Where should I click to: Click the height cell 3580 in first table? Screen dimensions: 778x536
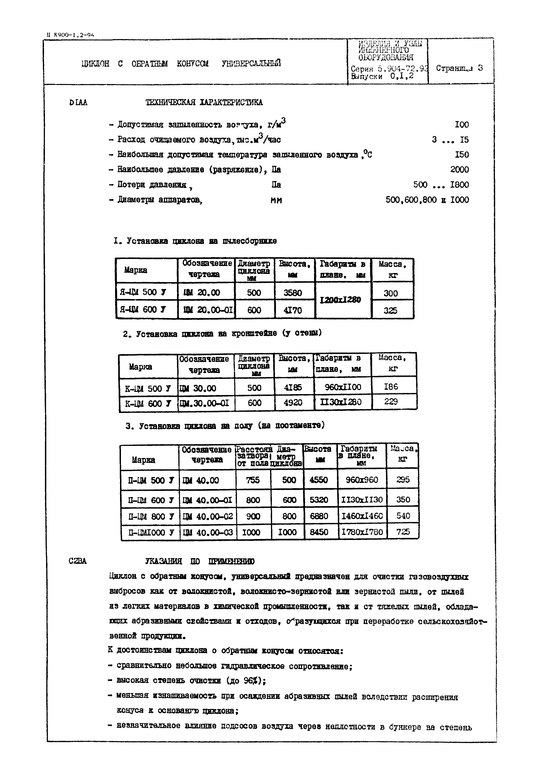pos(293,293)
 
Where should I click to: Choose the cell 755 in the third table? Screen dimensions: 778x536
pos(253,480)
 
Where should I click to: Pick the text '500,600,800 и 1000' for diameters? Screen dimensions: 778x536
pos(427,200)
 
